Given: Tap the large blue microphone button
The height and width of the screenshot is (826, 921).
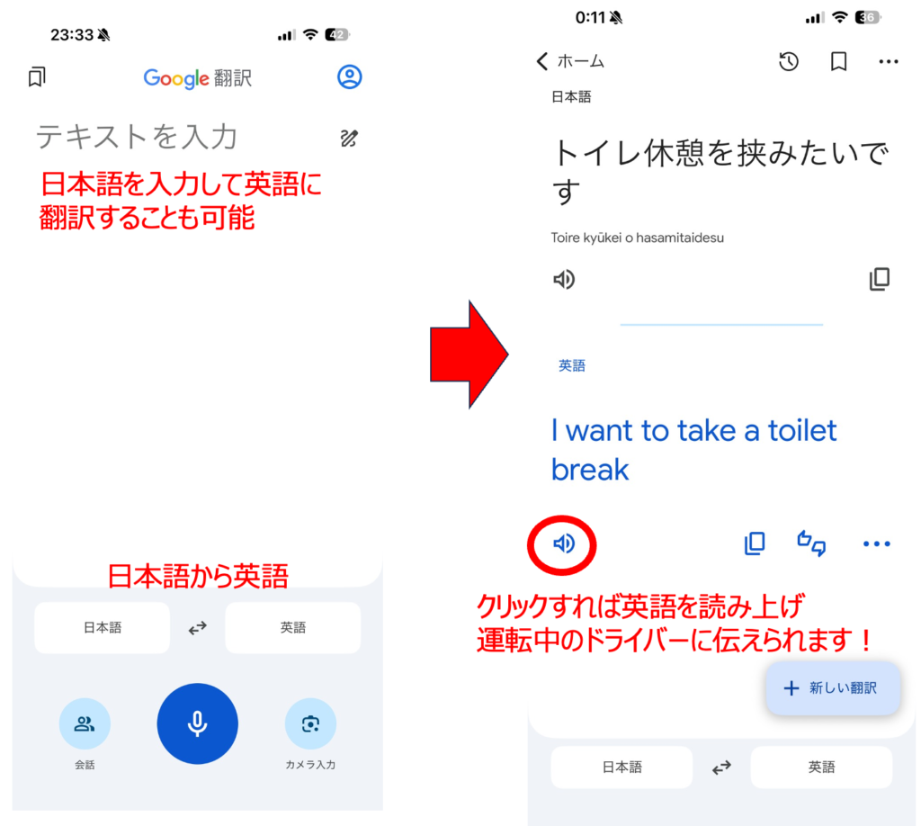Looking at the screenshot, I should [197, 724].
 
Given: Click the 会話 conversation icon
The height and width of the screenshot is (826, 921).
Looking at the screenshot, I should [85, 723].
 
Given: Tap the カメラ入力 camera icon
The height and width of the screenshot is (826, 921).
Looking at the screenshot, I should [310, 723].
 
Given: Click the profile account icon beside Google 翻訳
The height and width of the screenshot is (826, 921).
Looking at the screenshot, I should [349, 77].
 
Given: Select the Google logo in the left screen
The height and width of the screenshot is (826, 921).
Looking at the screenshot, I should [175, 78].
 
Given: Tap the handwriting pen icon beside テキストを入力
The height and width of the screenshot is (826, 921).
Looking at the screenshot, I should [349, 138].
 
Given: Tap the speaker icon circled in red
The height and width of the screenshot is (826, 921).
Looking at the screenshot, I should [563, 543].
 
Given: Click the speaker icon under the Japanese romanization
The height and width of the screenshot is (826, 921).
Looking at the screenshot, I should [564, 280].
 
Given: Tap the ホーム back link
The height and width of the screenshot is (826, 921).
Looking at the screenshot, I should [570, 61].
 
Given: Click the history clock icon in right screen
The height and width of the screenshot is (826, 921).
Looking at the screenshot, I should [789, 61].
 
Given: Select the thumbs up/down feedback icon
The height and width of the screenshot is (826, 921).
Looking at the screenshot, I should [811, 543].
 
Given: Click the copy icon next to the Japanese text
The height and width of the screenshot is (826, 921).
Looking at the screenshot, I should [879, 280].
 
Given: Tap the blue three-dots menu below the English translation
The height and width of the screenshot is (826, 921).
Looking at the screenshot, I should [876, 543].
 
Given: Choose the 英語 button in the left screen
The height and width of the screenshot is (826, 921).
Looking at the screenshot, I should [292, 628].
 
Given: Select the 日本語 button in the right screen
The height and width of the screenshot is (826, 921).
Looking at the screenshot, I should [621, 768].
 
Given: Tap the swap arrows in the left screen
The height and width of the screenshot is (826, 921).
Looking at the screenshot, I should [197, 628].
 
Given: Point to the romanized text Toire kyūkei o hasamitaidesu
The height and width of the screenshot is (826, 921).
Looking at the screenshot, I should [638, 238].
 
